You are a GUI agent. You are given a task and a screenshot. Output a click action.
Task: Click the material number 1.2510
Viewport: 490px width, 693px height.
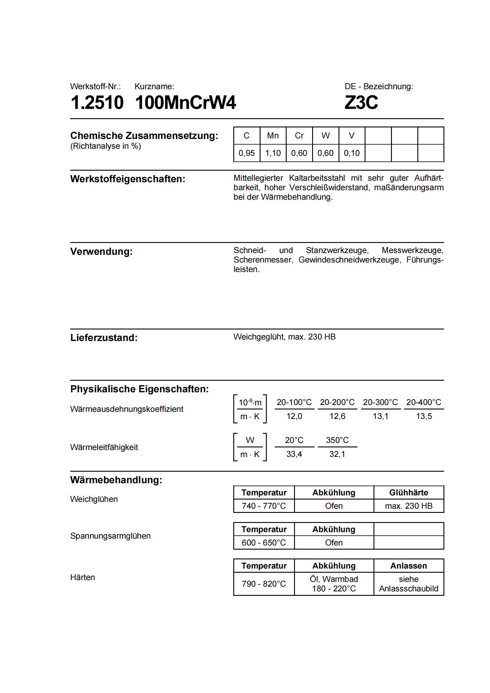click(97, 102)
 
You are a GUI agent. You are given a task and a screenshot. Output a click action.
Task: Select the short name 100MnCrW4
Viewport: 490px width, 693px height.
click(185, 102)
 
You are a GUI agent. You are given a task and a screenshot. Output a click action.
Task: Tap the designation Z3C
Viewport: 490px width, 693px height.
click(361, 102)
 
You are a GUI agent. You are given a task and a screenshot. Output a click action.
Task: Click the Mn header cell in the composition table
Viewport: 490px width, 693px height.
click(273, 135)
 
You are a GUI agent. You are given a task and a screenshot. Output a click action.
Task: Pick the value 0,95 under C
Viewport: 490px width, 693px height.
click(246, 153)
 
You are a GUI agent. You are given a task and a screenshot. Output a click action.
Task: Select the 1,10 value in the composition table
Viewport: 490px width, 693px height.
click(273, 153)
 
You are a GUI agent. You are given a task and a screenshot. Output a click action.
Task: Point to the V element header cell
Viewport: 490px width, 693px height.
click(352, 135)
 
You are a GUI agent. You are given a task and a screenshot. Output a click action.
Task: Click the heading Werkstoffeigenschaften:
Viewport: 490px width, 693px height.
click(128, 179)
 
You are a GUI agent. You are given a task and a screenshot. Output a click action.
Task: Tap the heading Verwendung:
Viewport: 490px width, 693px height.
click(101, 252)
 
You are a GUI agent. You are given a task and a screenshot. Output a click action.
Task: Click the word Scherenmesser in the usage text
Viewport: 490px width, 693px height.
click(263, 260)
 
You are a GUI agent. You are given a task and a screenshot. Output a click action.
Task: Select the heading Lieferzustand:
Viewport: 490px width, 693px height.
click(104, 338)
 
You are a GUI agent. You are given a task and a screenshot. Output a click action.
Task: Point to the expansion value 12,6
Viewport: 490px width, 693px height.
click(337, 416)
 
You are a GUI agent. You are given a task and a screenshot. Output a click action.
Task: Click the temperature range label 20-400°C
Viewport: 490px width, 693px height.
click(424, 402)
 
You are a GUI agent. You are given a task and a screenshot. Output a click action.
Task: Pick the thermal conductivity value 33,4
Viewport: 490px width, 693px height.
click(294, 454)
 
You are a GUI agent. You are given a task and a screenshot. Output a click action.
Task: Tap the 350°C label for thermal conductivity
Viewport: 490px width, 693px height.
click(337, 440)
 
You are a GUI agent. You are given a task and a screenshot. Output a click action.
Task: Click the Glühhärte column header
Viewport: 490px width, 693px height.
click(408, 493)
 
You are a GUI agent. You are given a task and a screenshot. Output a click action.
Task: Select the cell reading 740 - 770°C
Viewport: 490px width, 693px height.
click(264, 506)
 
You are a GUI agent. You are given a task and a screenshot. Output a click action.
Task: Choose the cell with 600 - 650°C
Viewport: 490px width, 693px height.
click(264, 543)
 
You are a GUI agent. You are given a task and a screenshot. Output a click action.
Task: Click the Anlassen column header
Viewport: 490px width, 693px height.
click(408, 566)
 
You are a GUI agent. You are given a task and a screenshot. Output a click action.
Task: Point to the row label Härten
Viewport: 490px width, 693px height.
click(82, 577)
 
